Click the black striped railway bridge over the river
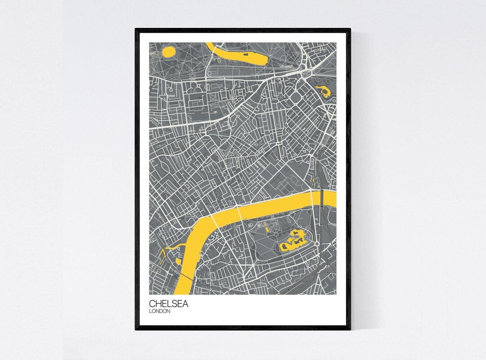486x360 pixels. click(x=322, y=197)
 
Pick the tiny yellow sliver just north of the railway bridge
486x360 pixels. click(x=313, y=182)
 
